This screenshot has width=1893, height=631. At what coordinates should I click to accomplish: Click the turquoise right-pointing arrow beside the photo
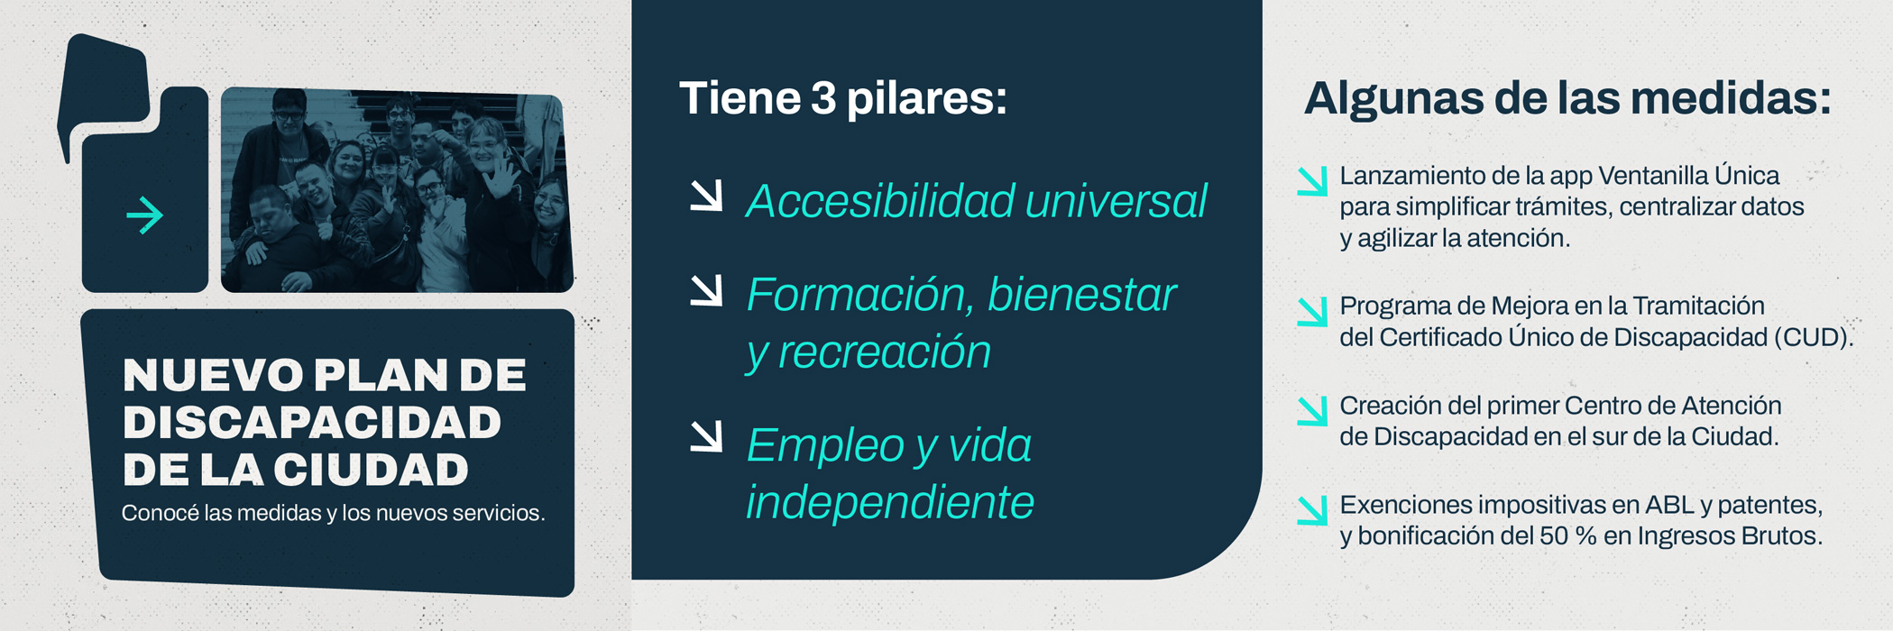[x=144, y=215]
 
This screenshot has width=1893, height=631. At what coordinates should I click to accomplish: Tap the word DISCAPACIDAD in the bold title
[x=312, y=423]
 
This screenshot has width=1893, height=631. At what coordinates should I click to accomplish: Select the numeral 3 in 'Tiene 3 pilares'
[x=822, y=98]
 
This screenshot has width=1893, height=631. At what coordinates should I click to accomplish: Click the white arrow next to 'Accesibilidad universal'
[x=706, y=196]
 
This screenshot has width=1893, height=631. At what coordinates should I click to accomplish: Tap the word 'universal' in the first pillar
[x=1116, y=200]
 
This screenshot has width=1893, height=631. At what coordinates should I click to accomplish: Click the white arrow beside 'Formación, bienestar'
[x=706, y=289]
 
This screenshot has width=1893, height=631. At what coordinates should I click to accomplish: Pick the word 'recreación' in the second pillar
[x=884, y=352]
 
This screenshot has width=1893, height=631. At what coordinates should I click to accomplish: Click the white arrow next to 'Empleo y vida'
[x=706, y=436]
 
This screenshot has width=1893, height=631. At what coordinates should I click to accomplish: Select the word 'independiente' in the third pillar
[x=890, y=502]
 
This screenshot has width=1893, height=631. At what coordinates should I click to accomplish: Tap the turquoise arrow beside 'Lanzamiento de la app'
[x=1312, y=180]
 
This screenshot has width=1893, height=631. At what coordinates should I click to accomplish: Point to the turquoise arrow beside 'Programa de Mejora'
[x=1312, y=311]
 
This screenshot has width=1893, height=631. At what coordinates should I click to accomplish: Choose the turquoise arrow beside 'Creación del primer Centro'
[x=1312, y=410]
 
